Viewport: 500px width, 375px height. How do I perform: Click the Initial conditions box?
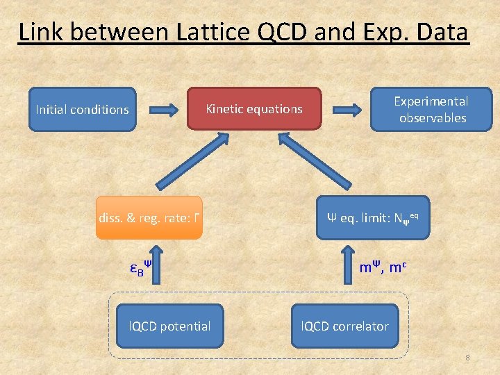pyautogui.click(x=82, y=109)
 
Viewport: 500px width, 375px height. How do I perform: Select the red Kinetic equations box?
pyautogui.click(x=253, y=109)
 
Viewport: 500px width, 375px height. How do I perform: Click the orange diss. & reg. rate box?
pyautogui.click(x=149, y=218)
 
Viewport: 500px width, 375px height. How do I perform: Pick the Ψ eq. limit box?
pyautogui.click(x=372, y=218)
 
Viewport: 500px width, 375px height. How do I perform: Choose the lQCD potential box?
pyautogui.click(x=169, y=326)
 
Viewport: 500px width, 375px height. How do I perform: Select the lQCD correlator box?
pyautogui.click(x=344, y=326)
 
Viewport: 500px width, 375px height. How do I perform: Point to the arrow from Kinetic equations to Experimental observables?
pyautogui.click(x=345, y=109)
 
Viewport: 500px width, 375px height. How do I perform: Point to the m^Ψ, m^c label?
pyautogui.click(x=383, y=267)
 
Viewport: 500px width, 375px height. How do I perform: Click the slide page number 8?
pyautogui.click(x=467, y=358)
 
